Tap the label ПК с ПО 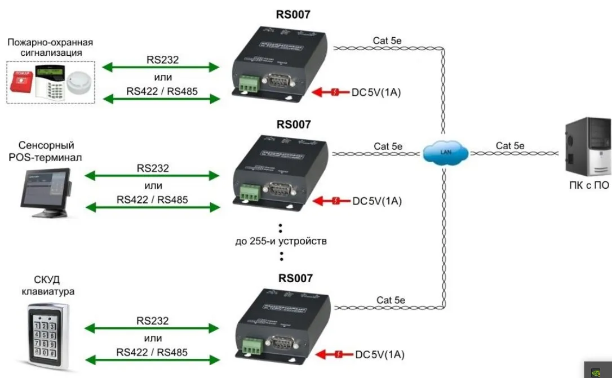click(589, 185)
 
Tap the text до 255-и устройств click(281, 242)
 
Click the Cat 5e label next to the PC click(511, 146)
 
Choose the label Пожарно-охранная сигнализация click(50, 47)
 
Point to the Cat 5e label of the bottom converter click(390, 300)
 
